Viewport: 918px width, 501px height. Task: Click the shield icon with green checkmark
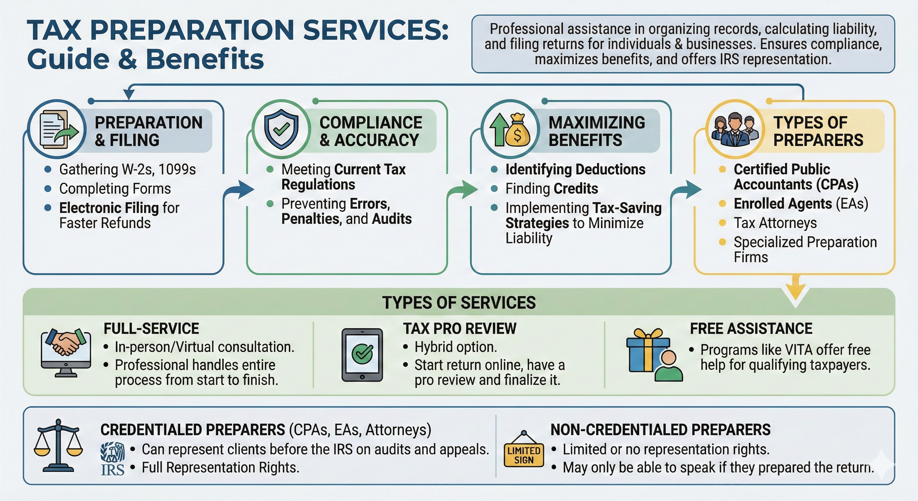281,129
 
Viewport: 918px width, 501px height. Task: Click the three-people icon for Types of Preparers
735,129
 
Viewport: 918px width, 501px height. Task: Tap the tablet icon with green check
362,355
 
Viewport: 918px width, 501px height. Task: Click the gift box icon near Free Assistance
648,351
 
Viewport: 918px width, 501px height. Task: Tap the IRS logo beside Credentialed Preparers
112,459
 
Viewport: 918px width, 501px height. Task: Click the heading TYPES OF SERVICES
459,303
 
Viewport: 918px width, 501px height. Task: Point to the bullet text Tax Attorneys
775,223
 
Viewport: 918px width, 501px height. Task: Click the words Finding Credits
551,188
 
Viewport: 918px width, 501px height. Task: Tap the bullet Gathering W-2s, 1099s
127,169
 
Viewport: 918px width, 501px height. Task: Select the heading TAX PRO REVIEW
459,328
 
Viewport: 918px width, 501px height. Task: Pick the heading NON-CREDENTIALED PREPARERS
660,429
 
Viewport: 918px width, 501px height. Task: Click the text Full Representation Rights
220,467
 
